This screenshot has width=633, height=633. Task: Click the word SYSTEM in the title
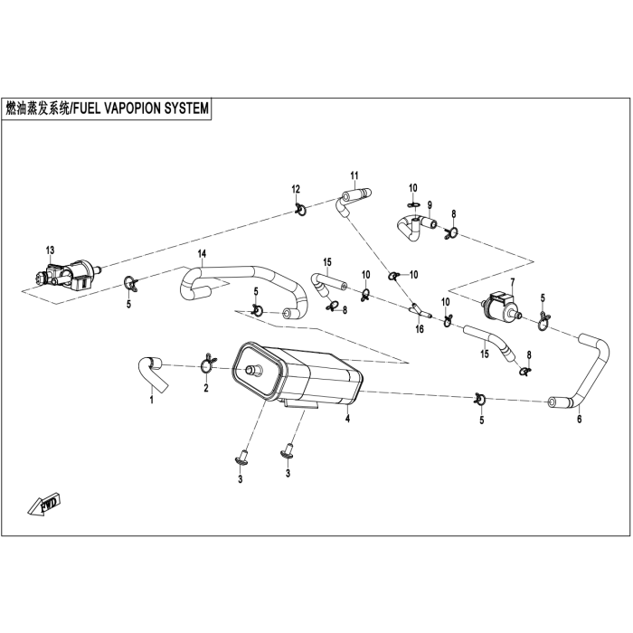(184, 108)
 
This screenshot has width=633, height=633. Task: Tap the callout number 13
(51, 250)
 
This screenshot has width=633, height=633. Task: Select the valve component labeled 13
(63, 270)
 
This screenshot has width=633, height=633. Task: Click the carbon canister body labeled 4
(298, 378)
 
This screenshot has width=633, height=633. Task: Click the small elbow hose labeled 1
(147, 367)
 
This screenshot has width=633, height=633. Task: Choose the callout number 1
(152, 398)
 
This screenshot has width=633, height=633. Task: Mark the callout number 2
(205, 388)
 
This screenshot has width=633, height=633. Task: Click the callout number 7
(512, 283)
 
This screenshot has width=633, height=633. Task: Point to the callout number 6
(580, 419)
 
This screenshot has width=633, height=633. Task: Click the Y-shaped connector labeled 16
(417, 311)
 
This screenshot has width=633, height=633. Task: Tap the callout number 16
(419, 330)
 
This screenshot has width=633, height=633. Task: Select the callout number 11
(354, 175)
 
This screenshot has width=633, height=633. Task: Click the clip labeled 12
(299, 211)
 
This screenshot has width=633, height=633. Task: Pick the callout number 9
(430, 203)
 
